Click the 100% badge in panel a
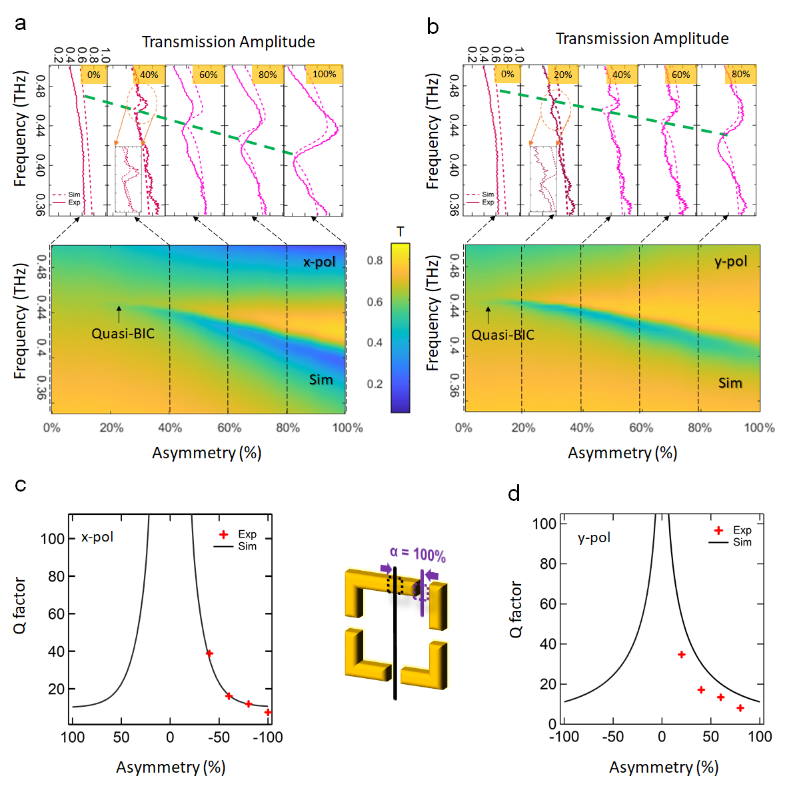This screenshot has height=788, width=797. (x=324, y=74)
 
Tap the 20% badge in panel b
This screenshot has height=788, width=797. (x=562, y=75)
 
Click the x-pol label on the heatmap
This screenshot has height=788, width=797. (x=319, y=262)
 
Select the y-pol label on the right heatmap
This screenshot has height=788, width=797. (x=731, y=261)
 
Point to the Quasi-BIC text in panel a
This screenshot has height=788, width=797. (x=123, y=333)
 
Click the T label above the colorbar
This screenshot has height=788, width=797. (x=400, y=232)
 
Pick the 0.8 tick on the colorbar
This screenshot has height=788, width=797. (x=375, y=260)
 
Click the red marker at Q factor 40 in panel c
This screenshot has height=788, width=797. (x=209, y=653)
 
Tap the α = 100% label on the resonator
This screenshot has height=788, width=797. (x=418, y=554)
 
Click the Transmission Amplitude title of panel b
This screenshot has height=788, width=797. (x=642, y=39)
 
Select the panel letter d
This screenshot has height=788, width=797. (x=514, y=494)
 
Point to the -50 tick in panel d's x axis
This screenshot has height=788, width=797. (x=612, y=737)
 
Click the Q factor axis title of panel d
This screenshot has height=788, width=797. (x=516, y=609)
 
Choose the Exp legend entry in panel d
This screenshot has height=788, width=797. (x=742, y=530)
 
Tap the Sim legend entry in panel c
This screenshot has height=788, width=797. (x=247, y=546)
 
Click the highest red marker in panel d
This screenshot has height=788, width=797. (x=681, y=655)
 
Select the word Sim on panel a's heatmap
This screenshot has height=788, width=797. (x=321, y=380)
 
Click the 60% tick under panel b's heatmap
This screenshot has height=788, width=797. (x=641, y=428)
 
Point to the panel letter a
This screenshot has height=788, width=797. (x=21, y=23)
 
